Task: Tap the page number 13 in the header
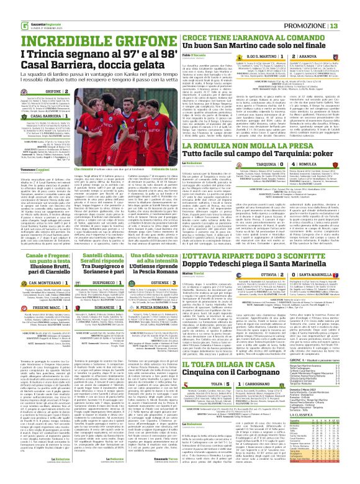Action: (x=351, y=7)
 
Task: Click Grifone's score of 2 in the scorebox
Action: (x=83, y=91)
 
